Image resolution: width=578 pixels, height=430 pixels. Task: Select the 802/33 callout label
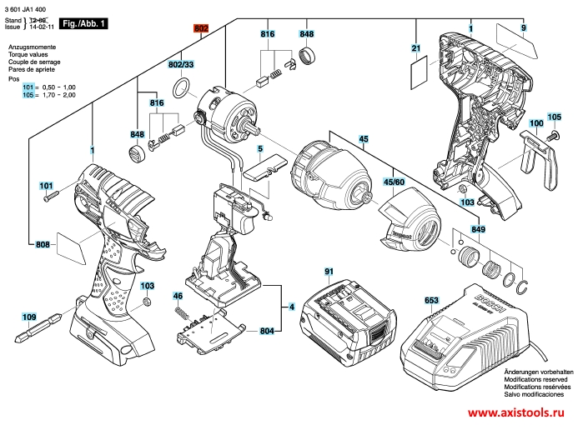tap(181, 64)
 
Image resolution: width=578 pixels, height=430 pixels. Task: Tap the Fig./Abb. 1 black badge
tap(86, 25)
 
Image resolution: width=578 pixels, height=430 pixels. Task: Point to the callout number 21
tap(415, 49)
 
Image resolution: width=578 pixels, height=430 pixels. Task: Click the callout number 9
tap(524, 29)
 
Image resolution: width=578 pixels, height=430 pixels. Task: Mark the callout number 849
tap(477, 229)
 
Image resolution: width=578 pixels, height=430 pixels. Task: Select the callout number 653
tap(431, 299)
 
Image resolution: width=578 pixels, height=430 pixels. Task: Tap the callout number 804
tap(267, 332)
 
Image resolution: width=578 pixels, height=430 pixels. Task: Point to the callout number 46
tap(178, 296)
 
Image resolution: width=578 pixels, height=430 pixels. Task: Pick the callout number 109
tap(29, 317)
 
